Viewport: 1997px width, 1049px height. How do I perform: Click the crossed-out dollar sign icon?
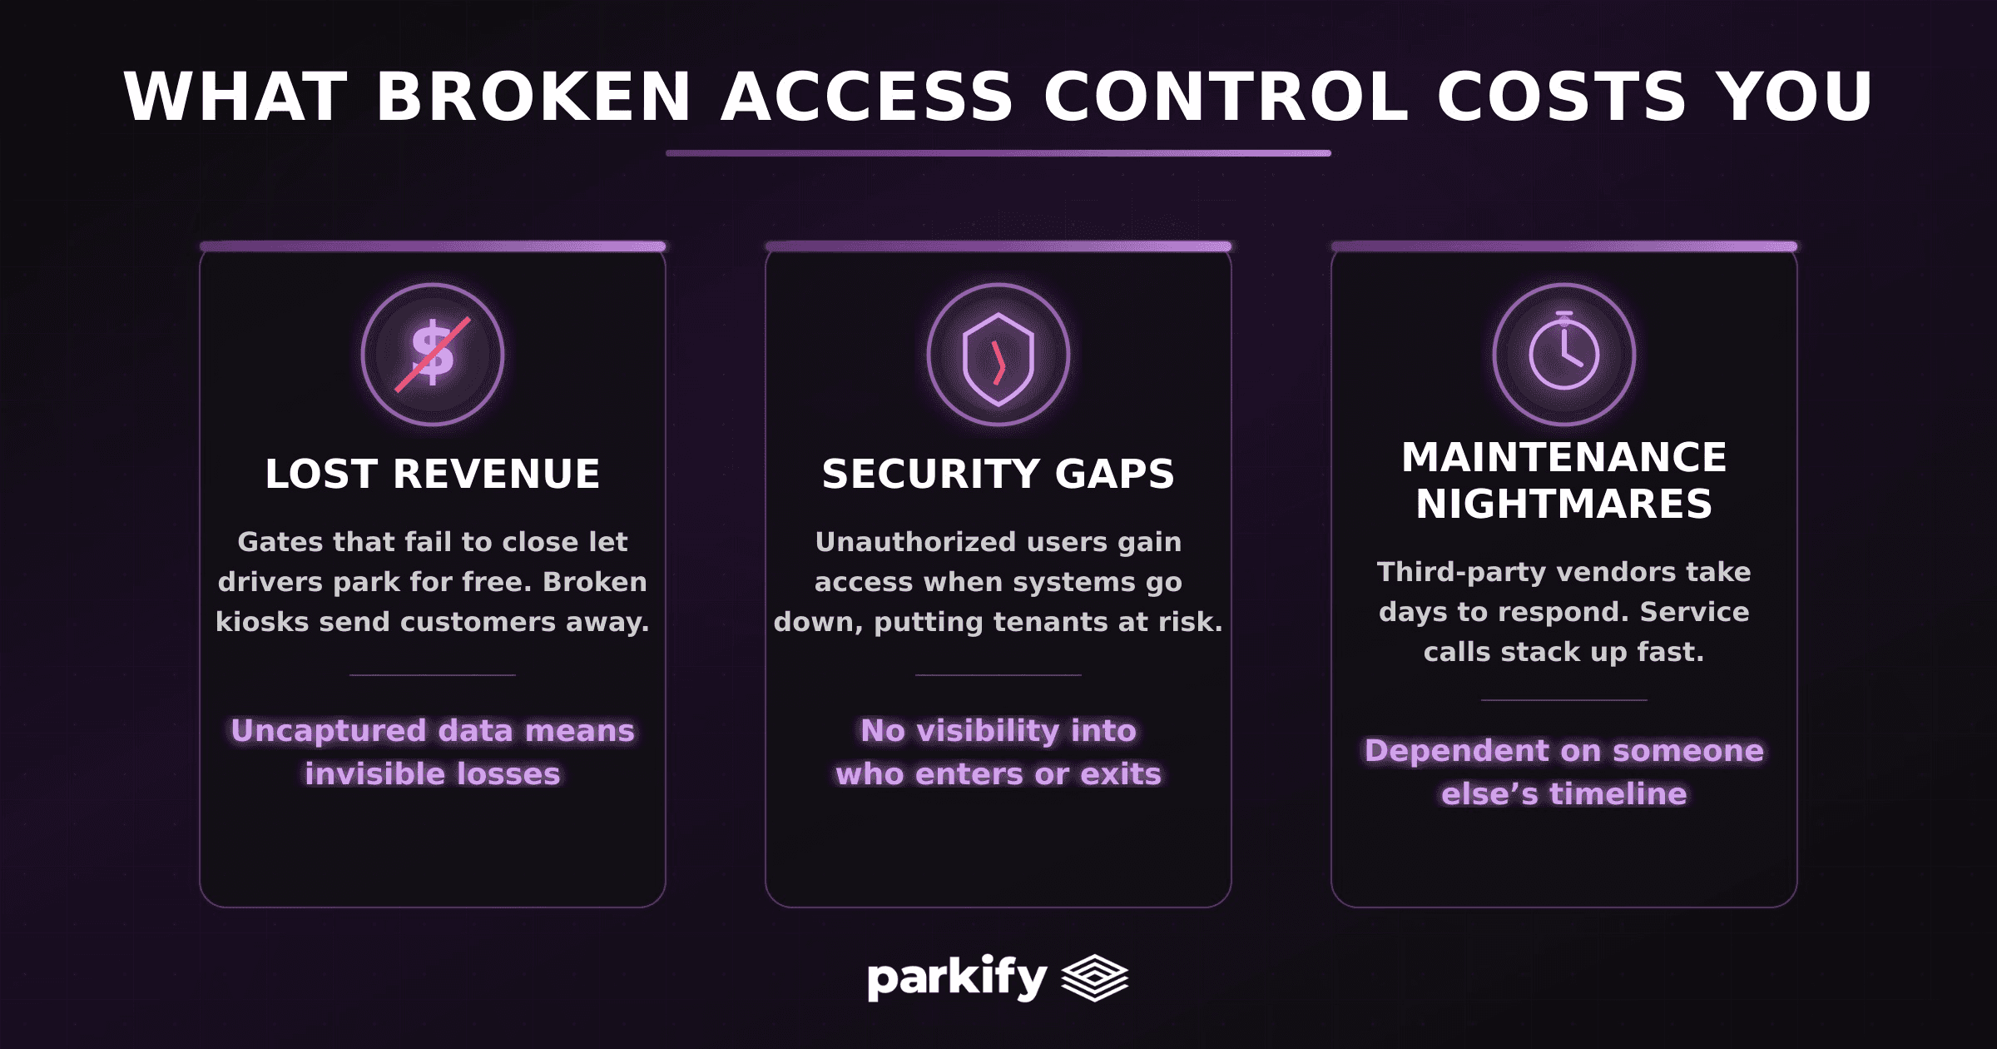tap(433, 355)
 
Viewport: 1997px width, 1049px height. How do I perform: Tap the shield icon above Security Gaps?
tap(998, 358)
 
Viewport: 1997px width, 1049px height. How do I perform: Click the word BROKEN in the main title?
tap(533, 97)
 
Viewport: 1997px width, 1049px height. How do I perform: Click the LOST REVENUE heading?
tap(433, 475)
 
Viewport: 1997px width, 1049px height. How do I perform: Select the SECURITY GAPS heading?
tap(998, 475)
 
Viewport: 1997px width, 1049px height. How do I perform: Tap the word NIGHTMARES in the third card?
tap(1564, 505)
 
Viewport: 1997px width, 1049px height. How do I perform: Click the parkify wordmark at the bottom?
tap(957, 977)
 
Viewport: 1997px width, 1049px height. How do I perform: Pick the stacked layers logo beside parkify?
tap(1095, 977)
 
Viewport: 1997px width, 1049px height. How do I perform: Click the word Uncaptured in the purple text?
tap(329, 731)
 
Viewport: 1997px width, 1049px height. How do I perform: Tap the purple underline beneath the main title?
tap(998, 153)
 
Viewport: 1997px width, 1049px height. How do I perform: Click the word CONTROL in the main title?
tap(1226, 97)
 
